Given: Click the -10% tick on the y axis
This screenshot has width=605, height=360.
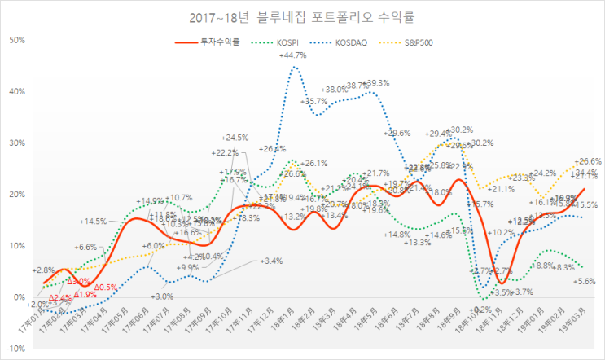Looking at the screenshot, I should (x=16, y=349).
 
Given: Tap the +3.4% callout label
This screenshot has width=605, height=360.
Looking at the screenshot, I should (x=271, y=261).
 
